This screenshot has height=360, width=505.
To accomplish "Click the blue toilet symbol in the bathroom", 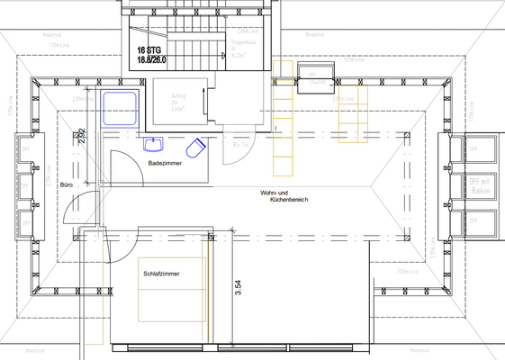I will (x=196, y=147).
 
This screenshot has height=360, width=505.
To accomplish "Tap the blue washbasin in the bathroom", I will (x=154, y=144).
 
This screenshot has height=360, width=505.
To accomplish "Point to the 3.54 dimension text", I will (x=238, y=288).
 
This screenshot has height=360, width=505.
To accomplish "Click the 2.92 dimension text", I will (x=81, y=137).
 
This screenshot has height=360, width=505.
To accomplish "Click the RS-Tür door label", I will (x=240, y=143).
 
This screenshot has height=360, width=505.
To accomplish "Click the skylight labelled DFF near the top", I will (x=315, y=75).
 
